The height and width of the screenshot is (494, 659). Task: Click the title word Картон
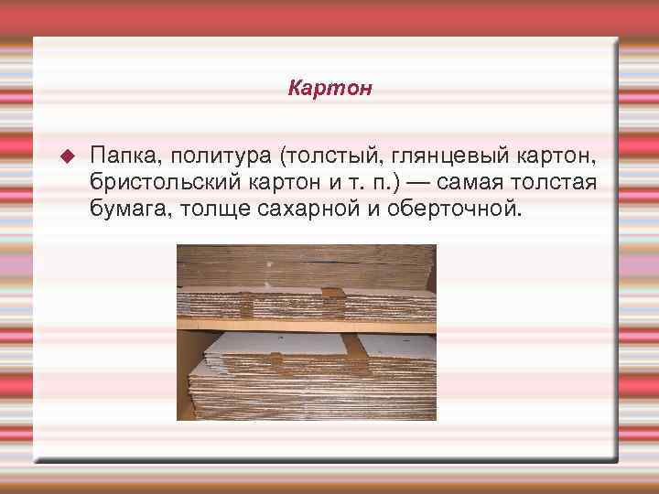pyautogui.click(x=329, y=89)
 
